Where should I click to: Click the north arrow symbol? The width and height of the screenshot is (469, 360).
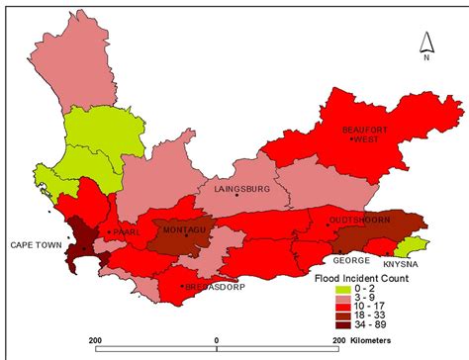pos(425,45)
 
